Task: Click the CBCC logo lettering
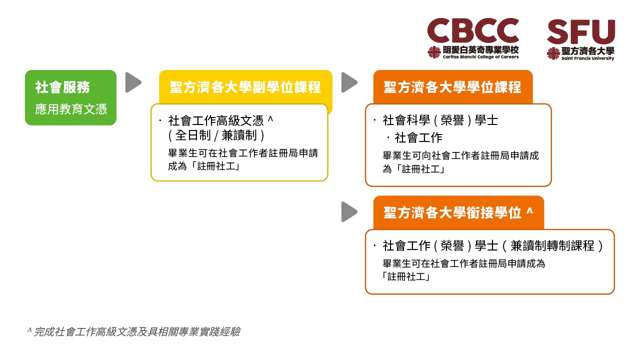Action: coord(473,30)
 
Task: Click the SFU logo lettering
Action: coord(581,31)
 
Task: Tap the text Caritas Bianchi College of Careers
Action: coord(480,57)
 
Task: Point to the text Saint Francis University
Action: coord(587,58)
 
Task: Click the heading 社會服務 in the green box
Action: coord(62,87)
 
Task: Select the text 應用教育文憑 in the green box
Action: coord(71,109)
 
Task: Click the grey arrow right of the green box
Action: coord(133,82)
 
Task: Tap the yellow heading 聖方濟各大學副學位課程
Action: coord(245,87)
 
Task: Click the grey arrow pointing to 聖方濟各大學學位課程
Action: coord(349,82)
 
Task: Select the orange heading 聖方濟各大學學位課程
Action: coord(452,87)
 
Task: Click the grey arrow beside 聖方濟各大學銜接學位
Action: coord(349,211)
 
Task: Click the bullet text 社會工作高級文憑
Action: coord(215,120)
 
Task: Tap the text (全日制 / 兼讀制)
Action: coord(216,135)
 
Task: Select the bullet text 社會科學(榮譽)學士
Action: coord(440,120)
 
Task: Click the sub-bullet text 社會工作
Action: coord(418,137)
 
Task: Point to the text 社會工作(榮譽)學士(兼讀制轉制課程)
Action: coord(493,245)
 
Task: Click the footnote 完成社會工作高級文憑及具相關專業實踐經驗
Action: coord(137,331)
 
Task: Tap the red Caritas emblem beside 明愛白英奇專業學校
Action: coord(434,52)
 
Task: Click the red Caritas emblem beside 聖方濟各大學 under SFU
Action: coord(553,53)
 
